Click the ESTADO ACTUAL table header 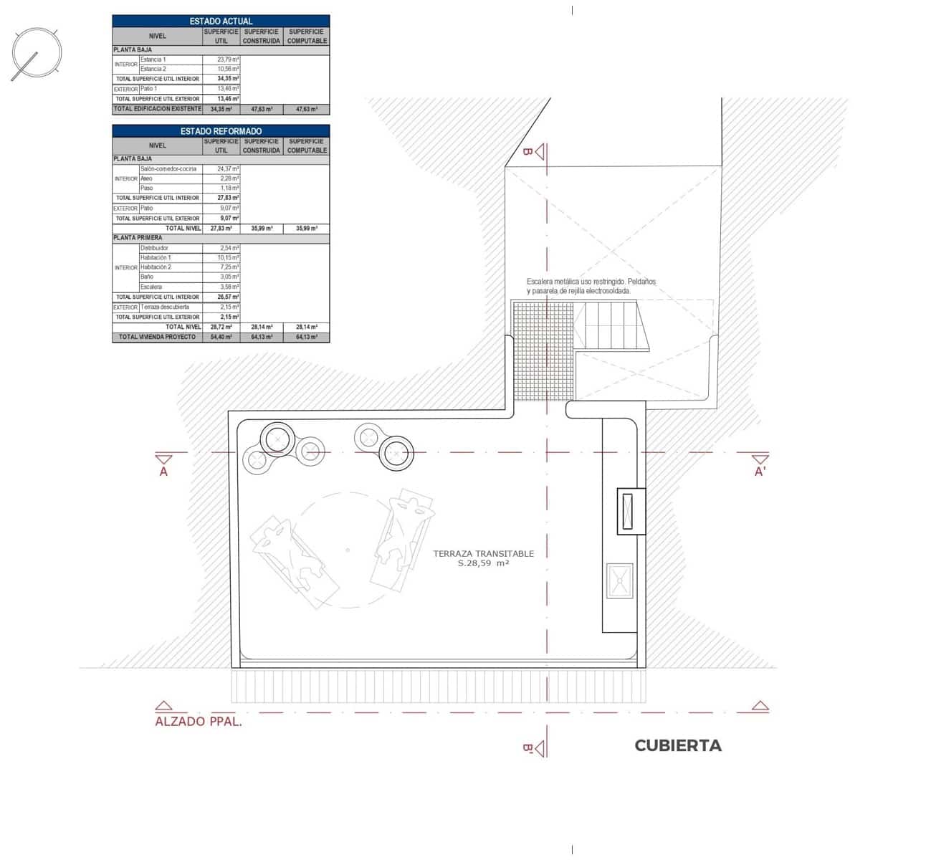click(x=221, y=21)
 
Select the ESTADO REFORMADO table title click(x=221, y=131)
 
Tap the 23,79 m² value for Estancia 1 click(x=228, y=59)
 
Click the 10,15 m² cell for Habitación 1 click(x=228, y=257)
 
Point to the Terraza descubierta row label click(x=165, y=307)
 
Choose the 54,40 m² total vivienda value click(x=221, y=337)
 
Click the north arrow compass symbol click(x=36, y=54)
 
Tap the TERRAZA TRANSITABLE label click(x=483, y=553)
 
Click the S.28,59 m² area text click(x=483, y=564)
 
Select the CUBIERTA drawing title click(x=677, y=745)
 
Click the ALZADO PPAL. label click(x=199, y=722)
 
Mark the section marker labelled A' click(x=760, y=465)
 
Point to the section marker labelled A click(x=163, y=465)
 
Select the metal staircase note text click(x=591, y=287)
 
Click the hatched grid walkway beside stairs click(x=543, y=327)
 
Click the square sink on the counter click(x=619, y=580)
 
